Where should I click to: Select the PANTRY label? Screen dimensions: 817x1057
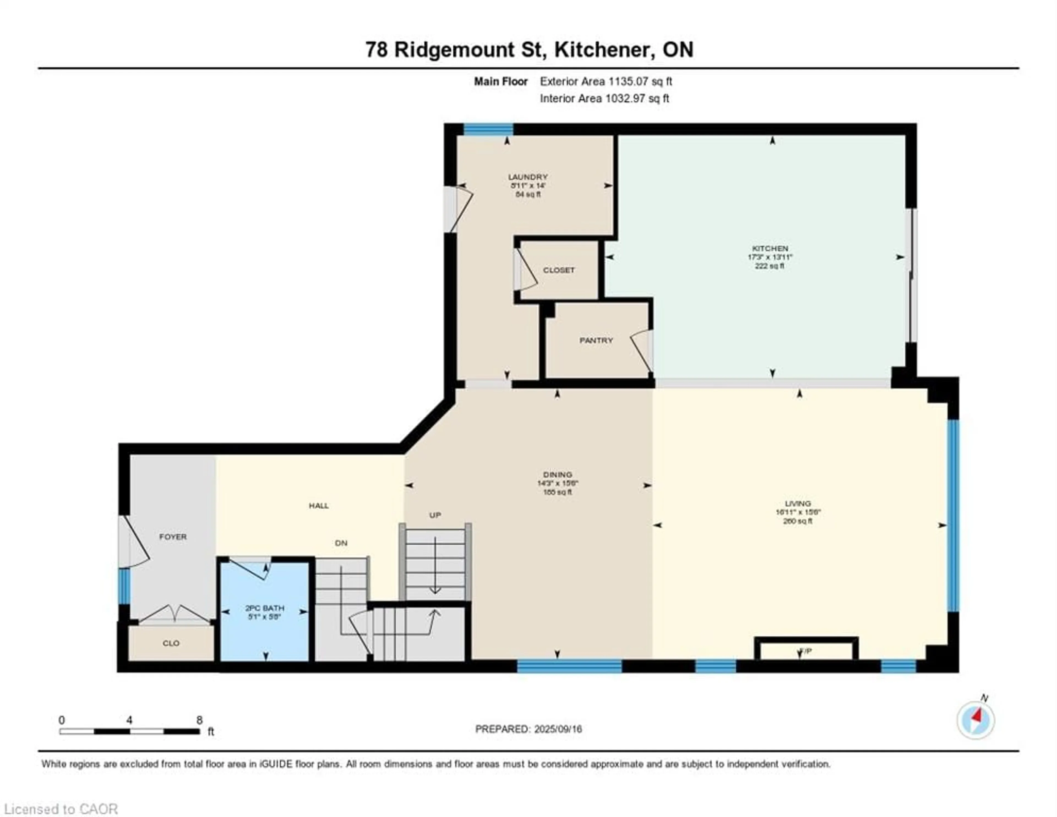click(x=596, y=340)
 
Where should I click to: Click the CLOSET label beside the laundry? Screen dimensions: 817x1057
click(x=559, y=270)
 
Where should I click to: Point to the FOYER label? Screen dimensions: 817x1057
click(x=173, y=537)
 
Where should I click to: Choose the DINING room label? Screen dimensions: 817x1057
click(x=557, y=475)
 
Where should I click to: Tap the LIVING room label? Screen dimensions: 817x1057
click(x=798, y=504)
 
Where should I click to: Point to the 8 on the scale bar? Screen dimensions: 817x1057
click(x=199, y=720)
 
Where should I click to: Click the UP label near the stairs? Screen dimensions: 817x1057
click(x=435, y=515)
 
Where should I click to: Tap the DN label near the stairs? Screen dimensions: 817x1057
click(x=341, y=543)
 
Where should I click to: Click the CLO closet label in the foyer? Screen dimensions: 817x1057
click(x=171, y=643)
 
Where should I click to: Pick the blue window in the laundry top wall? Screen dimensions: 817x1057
click(x=488, y=129)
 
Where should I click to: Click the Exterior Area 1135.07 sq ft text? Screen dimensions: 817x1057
click(x=606, y=81)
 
